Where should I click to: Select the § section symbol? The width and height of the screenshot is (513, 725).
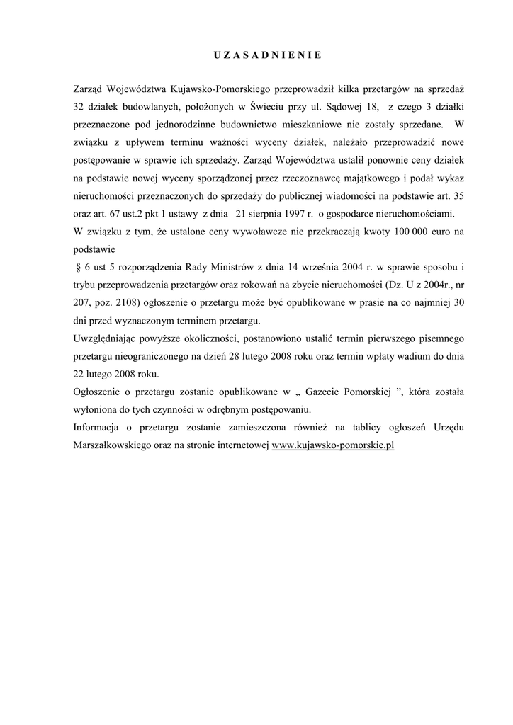click(77, 267)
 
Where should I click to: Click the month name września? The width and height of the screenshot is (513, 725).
click(327, 267)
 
